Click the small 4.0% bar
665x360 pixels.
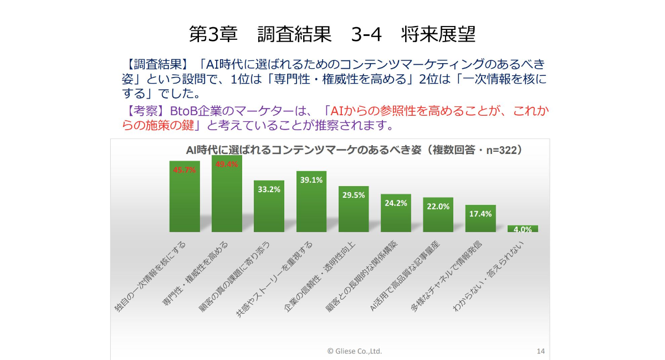[523, 229]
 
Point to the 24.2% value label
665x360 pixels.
[396, 203]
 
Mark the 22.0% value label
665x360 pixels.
[438, 206]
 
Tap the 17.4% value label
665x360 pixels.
[480, 214]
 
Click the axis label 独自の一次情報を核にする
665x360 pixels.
[151, 277]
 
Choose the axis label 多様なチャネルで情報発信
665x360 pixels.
[447, 277]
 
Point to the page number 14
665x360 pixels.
[541, 351]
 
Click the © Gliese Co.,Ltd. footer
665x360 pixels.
[355, 351]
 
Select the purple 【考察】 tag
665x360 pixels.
[140, 111]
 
